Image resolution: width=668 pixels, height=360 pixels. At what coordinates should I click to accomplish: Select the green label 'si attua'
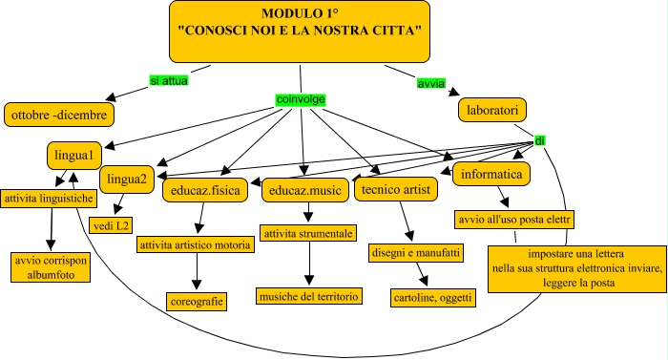[x=168, y=81]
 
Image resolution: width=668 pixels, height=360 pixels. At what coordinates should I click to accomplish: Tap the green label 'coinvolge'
[x=302, y=98]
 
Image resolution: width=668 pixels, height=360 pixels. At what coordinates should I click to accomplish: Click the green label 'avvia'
[x=430, y=83]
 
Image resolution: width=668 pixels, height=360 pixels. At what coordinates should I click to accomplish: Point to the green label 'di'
[x=539, y=140]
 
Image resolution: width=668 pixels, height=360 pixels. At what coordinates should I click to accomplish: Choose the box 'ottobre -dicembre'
[x=60, y=115]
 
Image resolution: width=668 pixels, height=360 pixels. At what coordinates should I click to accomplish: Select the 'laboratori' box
[x=492, y=110]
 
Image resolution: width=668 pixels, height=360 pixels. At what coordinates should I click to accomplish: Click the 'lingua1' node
[x=73, y=155]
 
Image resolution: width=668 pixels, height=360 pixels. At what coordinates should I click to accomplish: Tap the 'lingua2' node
[x=127, y=178]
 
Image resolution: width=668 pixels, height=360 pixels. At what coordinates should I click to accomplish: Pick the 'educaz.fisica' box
[x=206, y=191]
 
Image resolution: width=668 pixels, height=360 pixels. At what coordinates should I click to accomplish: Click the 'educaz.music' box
[x=303, y=191]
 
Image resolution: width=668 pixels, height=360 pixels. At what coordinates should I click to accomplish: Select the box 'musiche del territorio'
[x=309, y=297]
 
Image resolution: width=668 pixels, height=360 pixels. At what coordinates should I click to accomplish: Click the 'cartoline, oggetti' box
[x=432, y=297]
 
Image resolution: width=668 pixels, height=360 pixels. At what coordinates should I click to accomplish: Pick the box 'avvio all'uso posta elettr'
[x=513, y=219]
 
